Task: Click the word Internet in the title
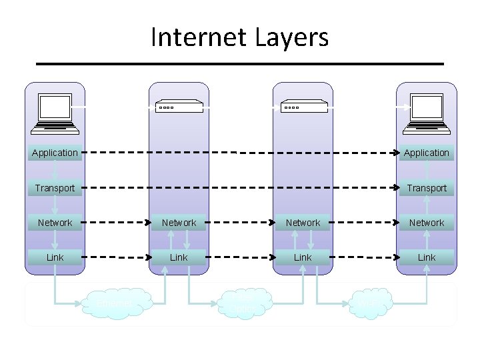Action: [x=194, y=37]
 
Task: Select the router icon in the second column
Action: [x=179, y=107]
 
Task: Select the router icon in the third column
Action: [x=303, y=107]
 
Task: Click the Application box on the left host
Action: [x=55, y=153]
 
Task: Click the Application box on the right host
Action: [x=427, y=153]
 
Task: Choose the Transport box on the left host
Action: [x=55, y=188]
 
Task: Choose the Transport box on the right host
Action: [x=427, y=188]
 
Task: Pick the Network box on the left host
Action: [x=55, y=223]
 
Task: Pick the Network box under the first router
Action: [x=179, y=223]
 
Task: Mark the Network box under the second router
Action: [x=303, y=223]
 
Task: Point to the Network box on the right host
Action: [x=427, y=223]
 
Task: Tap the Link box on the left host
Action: [x=55, y=257]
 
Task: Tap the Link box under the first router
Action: [x=179, y=257]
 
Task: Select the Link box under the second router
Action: [x=303, y=257]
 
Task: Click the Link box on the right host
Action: [x=427, y=257]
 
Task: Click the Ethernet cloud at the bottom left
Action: [x=115, y=303]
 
